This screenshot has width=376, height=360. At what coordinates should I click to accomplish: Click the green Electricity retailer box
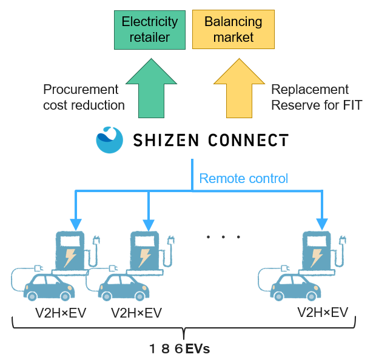tap(150, 30)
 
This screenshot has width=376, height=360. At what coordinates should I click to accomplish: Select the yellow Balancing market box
tap(233, 30)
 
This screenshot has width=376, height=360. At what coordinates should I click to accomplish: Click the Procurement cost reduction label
tap(84, 97)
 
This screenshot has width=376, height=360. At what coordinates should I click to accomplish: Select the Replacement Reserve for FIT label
tap(316, 97)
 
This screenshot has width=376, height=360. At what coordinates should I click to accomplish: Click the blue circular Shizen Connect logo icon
tap(109, 140)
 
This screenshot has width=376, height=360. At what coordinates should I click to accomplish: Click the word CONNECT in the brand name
tap(249, 141)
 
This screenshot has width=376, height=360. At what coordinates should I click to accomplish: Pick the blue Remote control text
tap(243, 178)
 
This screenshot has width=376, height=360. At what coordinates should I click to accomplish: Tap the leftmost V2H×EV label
tap(59, 313)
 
